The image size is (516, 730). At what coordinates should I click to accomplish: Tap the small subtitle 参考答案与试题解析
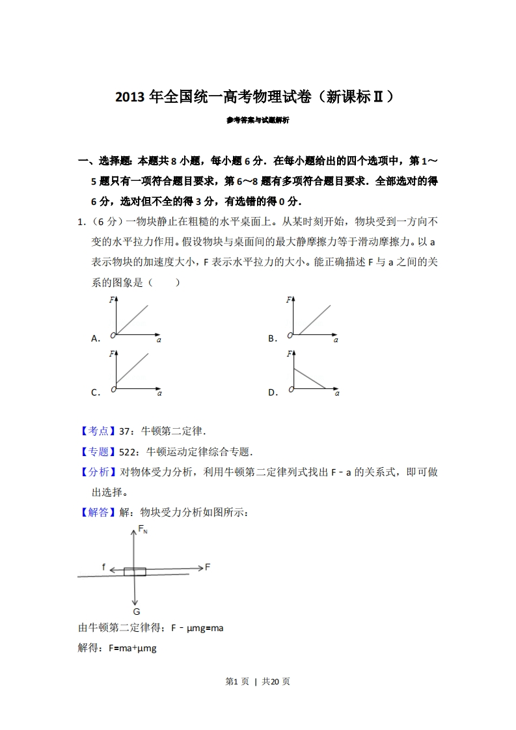[258, 120]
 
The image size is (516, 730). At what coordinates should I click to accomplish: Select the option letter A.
[95, 338]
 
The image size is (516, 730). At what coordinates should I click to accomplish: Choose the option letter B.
[272, 338]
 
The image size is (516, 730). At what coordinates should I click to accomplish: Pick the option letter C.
[95, 392]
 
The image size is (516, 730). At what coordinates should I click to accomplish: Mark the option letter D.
[272, 392]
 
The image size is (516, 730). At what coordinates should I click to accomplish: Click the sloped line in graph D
[310, 379]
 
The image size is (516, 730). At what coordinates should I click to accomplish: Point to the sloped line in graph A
[132, 320]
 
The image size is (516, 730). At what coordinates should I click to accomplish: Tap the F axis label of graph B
[288, 300]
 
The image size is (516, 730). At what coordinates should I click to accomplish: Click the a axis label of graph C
[159, 393]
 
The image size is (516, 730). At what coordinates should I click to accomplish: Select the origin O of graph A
[113, 335]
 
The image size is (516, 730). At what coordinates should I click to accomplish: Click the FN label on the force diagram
[143, 530]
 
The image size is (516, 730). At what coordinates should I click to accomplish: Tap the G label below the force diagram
[136, 612]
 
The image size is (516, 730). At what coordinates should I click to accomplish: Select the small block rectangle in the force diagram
[135, 571]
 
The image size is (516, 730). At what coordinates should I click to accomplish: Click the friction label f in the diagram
[103, 567]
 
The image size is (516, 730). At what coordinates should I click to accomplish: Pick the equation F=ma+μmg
[133, 648]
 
